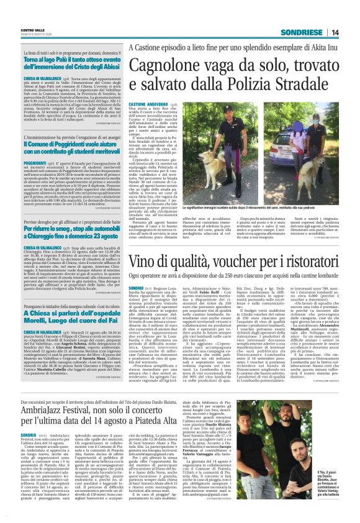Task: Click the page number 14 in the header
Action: click(x=334, y=33)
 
